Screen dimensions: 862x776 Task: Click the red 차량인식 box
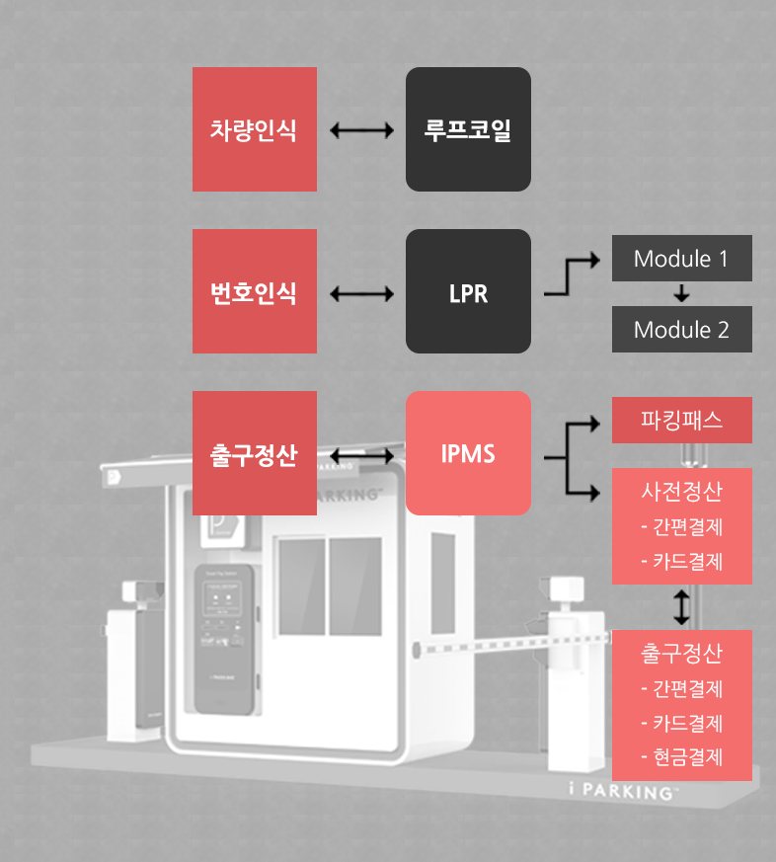(254, 129)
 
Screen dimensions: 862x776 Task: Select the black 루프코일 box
(468, 129)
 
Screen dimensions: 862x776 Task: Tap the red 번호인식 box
(254, 291)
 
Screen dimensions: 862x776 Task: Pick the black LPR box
(468, 291)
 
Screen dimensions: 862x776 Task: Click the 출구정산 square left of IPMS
(254, 453)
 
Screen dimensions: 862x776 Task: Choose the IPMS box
(468, 453)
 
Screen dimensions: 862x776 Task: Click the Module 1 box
(681, 259)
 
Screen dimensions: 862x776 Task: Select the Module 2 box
(681, 329)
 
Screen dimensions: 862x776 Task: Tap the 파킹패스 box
(681, 421)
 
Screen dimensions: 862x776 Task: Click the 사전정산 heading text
(681, 491)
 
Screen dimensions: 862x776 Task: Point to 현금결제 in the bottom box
(681, 757)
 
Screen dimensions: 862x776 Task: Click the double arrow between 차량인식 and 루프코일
(361, 129)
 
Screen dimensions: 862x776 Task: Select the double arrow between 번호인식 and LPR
(361, 292)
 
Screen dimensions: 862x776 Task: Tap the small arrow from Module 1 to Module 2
(681, 293)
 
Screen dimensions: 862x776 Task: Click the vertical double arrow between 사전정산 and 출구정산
(681, 606)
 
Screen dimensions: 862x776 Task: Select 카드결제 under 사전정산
(681, 562)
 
